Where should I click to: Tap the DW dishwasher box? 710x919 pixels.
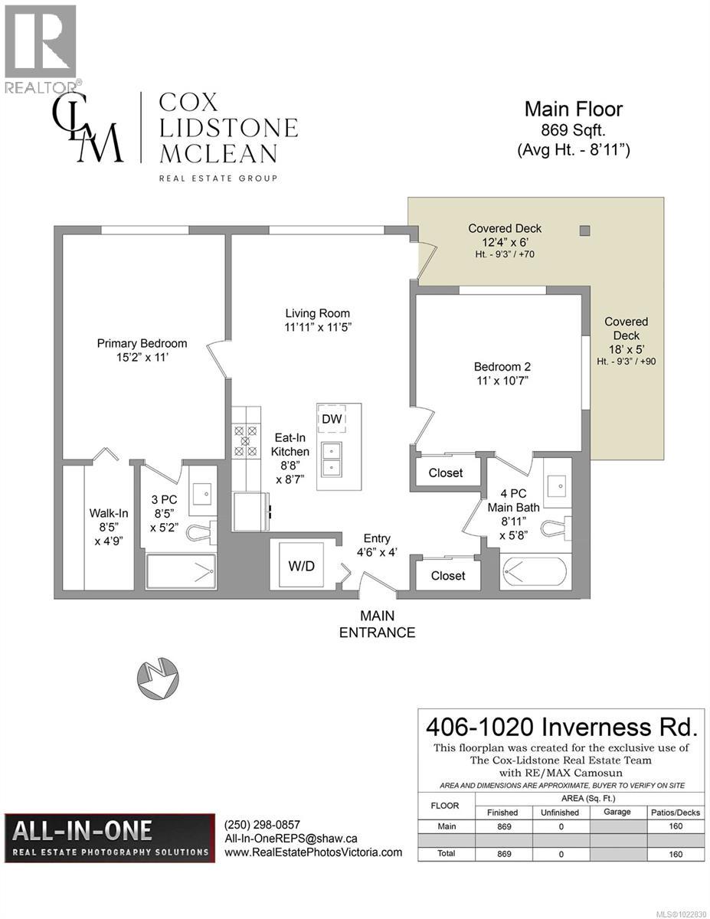(x=331, y=418)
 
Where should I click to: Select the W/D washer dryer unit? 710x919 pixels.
(x=302, y=565)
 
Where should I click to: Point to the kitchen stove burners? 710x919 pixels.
(x=246, y=441)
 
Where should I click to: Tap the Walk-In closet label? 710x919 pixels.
(x=107, y=526)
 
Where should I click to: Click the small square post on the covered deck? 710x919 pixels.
(x=585, y=231)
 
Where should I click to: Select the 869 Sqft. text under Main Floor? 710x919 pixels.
(x=572, y=130)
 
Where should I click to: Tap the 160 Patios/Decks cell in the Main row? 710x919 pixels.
(x=676, y=827)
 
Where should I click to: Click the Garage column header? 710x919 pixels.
(x=617, y=812)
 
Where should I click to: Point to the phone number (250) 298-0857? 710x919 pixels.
(x=262, y=826)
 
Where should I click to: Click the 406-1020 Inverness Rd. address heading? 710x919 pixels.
(x=561, y=724)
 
